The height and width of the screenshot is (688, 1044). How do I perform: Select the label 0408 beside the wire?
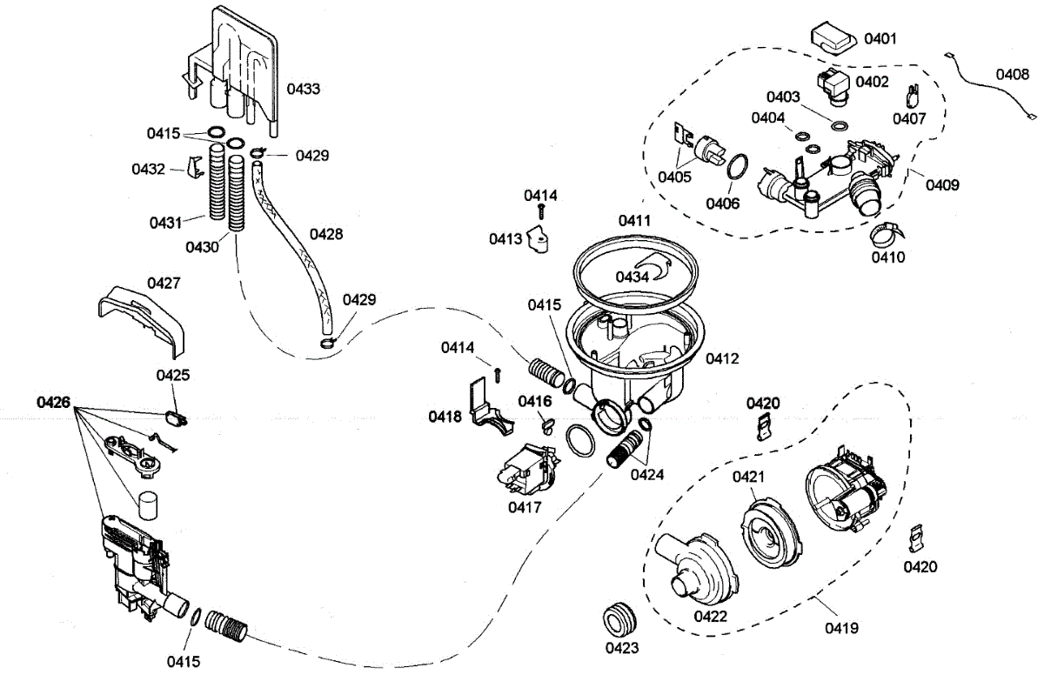1012,75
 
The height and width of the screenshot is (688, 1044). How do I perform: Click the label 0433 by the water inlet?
304,89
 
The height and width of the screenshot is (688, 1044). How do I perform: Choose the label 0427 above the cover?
164,283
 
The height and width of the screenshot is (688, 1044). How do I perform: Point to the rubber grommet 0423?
620,619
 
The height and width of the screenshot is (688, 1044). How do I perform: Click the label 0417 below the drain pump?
525,506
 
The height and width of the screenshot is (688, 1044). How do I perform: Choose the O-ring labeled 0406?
736,166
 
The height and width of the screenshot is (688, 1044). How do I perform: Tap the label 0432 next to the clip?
149,169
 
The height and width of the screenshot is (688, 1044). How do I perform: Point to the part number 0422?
710,617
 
